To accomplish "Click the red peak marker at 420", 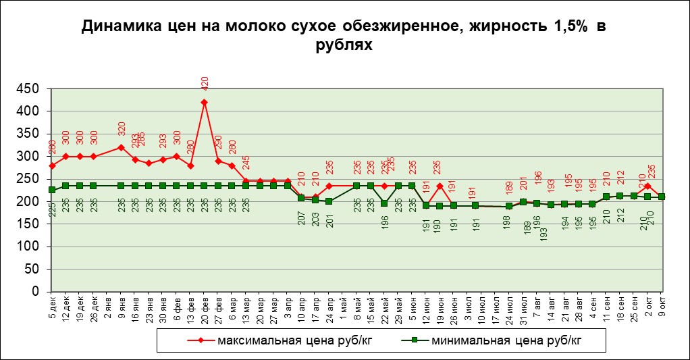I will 205,103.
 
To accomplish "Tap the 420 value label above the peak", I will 205,83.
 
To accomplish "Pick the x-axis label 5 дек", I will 53,307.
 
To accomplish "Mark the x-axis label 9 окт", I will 662,307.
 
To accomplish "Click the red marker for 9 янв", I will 122,147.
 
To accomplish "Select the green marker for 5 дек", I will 52,190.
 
